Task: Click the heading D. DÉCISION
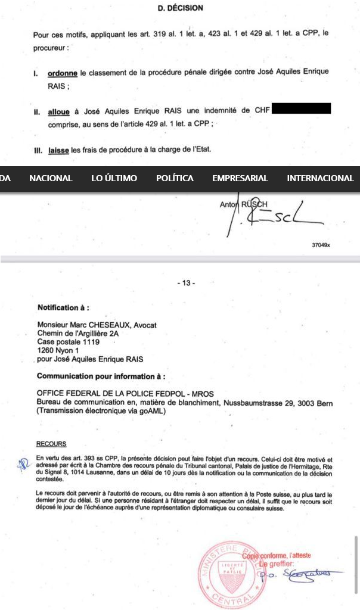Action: [180, 8]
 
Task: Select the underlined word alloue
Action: [61, 111]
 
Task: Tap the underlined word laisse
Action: [59, 152]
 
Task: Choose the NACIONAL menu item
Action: [51, 178]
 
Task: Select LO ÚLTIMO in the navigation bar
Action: [114, 178]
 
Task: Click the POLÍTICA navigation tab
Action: [175, 178]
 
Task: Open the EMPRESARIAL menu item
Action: [240, 178]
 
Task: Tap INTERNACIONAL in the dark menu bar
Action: [320, 178]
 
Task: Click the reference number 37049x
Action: [321, 245]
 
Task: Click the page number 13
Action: [186, 283]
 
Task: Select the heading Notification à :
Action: [63, 308]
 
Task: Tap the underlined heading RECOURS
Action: [51, 444]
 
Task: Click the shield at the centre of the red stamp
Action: [235, 569]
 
